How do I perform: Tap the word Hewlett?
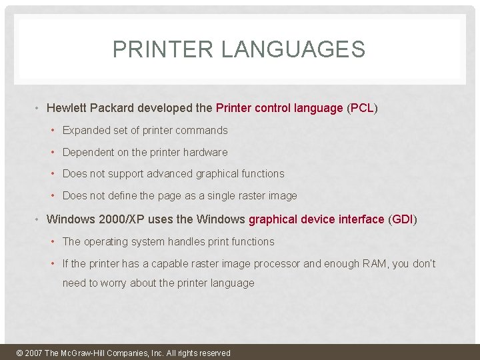pyautogui.click(x=67, y=108)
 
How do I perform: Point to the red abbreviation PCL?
pyautogui.click(x=362, y=108)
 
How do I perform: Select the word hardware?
pyautogui.click(x=207, y=153)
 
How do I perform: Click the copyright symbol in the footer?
pyautogui.click(x=19, y=353)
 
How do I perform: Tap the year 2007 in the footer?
pyautogui.click(x=33, y=353)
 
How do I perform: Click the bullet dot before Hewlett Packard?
pyautogui.click(x=38, y=108)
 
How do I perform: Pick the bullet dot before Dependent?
pyautogui.click(x=54, y=153)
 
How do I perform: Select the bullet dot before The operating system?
pyautogui.click(x=54, y=241)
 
